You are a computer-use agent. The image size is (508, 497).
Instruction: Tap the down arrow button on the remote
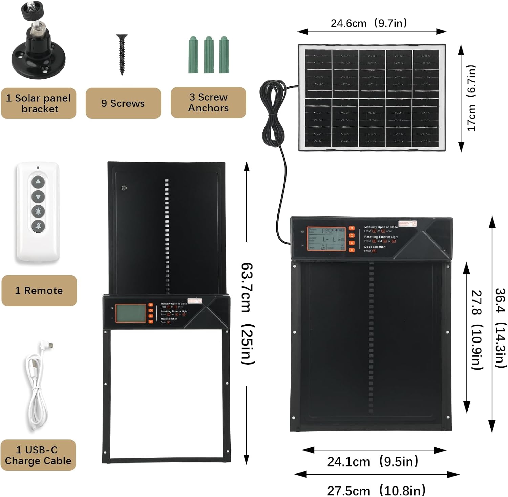coord(38,196)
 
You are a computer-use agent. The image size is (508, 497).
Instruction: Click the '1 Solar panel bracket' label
coord(38,103)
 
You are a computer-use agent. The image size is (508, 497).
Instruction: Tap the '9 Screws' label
coord(123,103)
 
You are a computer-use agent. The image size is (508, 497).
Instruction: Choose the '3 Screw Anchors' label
coord(208,103)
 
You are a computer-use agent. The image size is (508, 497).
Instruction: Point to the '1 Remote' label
coord(39,291)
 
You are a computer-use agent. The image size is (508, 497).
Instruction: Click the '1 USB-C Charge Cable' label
coord(38,455)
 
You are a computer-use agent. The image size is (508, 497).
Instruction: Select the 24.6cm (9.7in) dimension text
coord(369,23)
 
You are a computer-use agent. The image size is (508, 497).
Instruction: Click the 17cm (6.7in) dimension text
coord(472,98)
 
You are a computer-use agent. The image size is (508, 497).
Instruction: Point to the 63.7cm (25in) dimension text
coord(247,313)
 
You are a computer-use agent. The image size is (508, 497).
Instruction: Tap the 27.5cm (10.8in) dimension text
coord(376,490)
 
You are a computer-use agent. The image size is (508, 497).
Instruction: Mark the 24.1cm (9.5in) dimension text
coord(373,461)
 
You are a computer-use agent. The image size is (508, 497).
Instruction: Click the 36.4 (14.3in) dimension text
coord(501,328)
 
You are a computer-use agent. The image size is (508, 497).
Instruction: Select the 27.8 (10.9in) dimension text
coord(477,330)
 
